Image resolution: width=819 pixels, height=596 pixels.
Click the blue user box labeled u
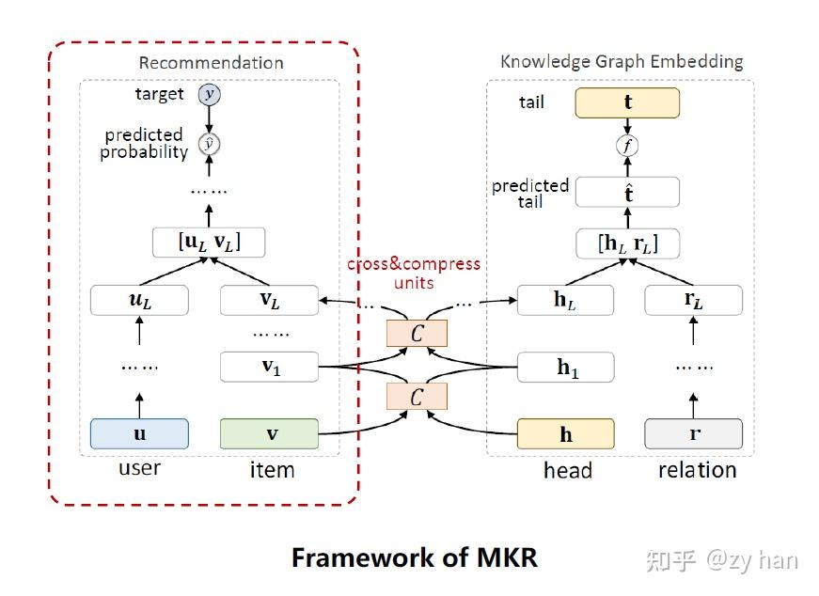coord(139,433)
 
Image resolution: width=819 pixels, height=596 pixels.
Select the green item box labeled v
coord(271,433)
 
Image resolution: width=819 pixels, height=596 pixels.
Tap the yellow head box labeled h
coord(565,434)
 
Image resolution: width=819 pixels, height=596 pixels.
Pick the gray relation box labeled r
coord(694,434)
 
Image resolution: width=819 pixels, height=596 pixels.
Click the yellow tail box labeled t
coord(627,102)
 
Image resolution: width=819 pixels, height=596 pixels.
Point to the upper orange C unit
coord(417,333)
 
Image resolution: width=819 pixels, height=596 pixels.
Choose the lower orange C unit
coord(417,397)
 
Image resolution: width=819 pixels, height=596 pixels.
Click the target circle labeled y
coord(209,94)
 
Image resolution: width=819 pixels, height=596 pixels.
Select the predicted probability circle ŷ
coord(209,144)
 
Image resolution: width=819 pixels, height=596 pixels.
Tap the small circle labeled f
coord(627,146)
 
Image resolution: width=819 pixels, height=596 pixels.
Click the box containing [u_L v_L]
coord(209,242)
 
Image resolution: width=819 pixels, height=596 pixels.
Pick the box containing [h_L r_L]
coord(627,243)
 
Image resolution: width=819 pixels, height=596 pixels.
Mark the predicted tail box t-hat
coord(627,193)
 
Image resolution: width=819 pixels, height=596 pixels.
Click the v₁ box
coord(271,367)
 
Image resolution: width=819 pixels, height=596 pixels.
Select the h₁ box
coord(565,367)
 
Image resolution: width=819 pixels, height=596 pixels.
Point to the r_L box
coord(694,300)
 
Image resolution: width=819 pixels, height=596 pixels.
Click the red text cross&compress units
coord(414,273)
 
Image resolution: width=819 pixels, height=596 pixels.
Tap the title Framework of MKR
coord(414,557)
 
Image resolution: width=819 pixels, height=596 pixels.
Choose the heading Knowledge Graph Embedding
coord(622,62)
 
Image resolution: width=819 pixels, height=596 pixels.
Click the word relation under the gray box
coord(697,469)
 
